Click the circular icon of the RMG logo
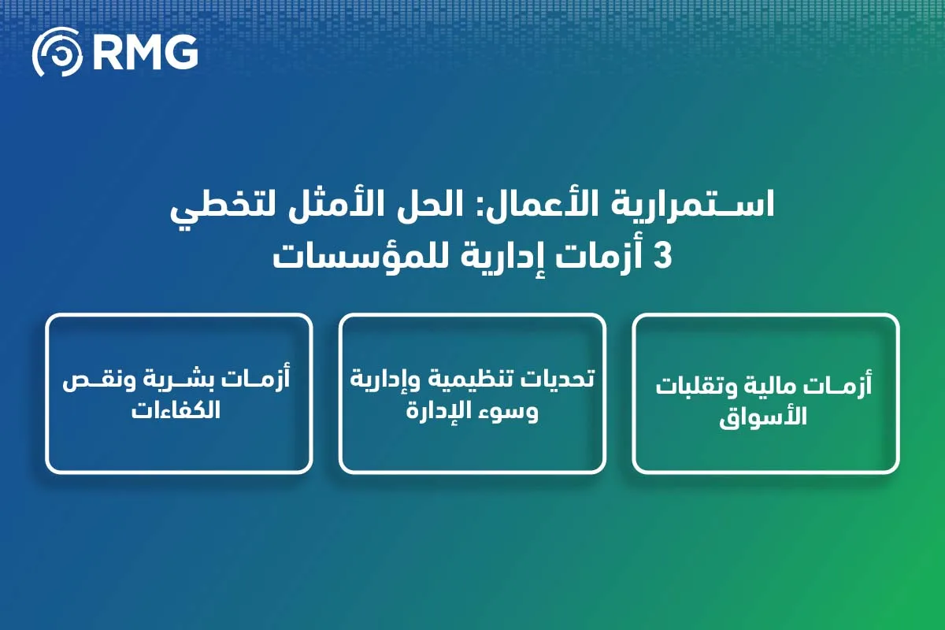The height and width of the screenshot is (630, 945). click(57, 51)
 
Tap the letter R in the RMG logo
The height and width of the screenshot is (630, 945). click(107, 52)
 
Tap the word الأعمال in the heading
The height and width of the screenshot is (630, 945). click(558, 208)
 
